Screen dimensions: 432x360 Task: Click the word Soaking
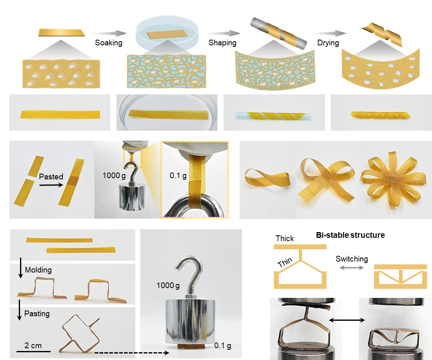(109, 42)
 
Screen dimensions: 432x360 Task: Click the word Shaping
(222, 42)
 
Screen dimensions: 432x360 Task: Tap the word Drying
(328, 42)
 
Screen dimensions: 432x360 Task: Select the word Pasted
(51, 177)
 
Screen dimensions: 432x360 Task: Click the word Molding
(38, 270)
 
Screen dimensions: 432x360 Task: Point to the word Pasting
(37, 313)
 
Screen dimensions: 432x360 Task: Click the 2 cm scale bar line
(34, 351)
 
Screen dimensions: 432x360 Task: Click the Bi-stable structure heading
(350, 235)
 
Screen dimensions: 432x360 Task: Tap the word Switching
(351, 259)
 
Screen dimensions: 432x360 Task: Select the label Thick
(284, 238)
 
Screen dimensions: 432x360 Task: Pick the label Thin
(284, 262)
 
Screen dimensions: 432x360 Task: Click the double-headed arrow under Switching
(351, 268)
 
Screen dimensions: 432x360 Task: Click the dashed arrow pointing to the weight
(132, 353)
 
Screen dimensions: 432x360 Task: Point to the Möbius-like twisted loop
(267, 179)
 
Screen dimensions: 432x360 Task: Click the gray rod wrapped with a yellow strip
(278, 33)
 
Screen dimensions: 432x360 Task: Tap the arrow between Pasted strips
(51, 185)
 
